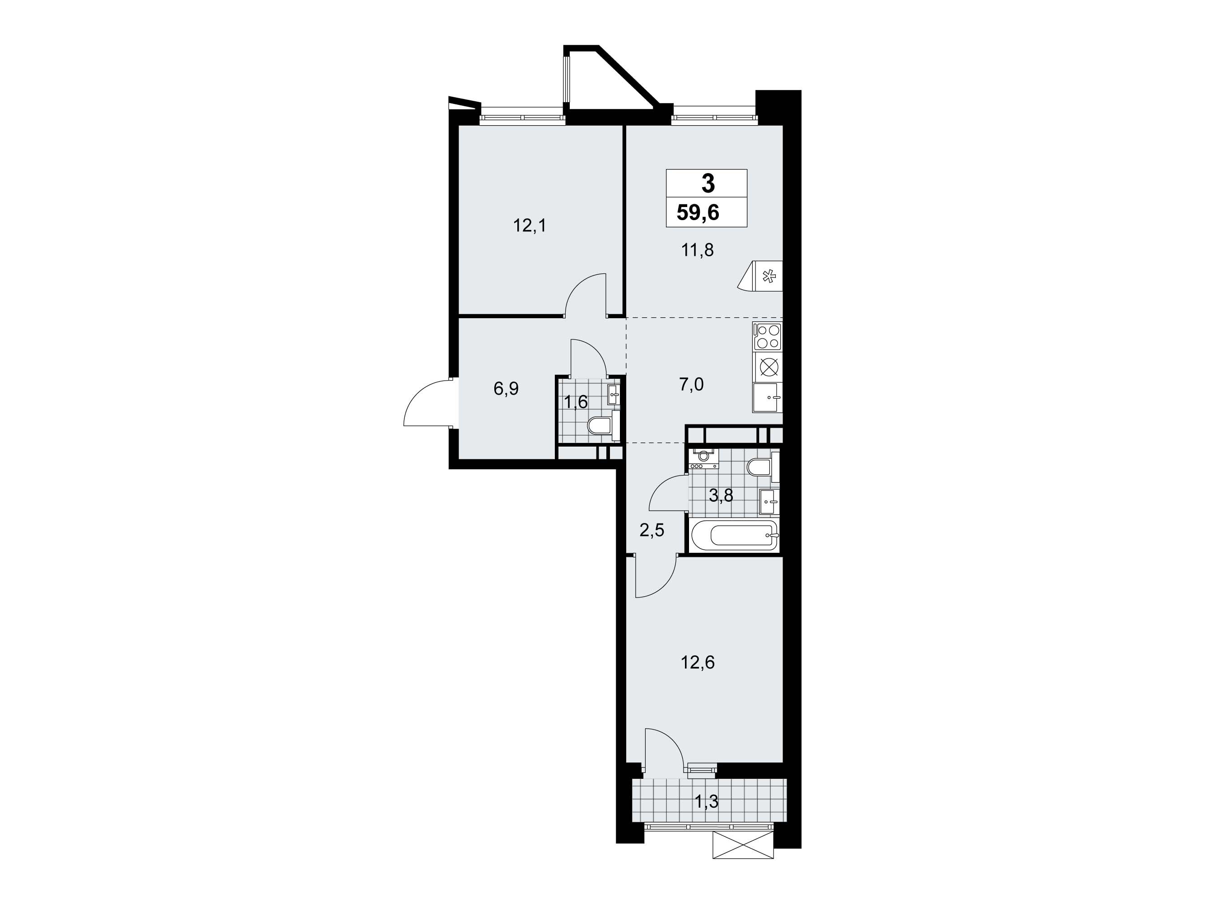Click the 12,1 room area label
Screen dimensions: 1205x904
pyautogui.click(x=148, y=225)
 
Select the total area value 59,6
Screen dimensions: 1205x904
pyautogui.click(x=698, y=212)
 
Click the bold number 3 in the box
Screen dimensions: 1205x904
pyautogui.click(x=708, y=184)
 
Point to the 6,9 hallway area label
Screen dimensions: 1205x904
pyautogui.click(x=125, y=389)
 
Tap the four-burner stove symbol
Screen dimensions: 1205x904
pyautogui.click(x=767, y=336)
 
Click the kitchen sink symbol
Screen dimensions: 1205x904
pyautogui.click(x=767, y=398)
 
